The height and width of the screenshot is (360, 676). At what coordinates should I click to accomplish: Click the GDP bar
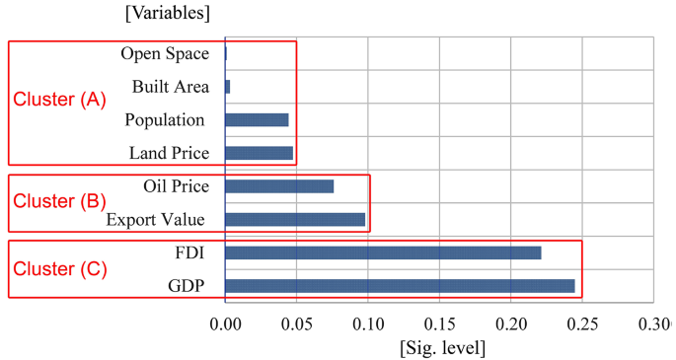[x=400, y=286]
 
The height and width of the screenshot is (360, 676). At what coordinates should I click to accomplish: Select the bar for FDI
[x=383, y=252]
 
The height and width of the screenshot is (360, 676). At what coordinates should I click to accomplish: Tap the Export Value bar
[x=295, y=219]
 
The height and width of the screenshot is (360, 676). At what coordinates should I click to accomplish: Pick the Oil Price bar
[x=279, y=186]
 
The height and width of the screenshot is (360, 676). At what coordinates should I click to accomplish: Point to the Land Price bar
[x=259, y=153]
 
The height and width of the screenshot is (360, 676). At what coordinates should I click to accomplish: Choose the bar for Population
[x=257, y=119]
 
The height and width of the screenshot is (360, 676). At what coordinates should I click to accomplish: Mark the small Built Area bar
[x=228, y=87]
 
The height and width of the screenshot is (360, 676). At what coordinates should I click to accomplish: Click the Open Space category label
[x=165, y=53]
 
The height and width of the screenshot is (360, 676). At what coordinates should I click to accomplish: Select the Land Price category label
[x=169, y=153]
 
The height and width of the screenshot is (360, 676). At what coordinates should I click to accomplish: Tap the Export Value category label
[x=157, y=219]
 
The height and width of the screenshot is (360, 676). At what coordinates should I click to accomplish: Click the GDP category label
[x=188, y=286]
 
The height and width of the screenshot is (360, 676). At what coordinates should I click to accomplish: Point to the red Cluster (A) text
[x=58, y=100]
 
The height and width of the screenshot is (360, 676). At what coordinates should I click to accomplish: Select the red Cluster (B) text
[x=58, y=201]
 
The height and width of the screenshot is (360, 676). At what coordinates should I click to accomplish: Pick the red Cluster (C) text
[x=58, y=268]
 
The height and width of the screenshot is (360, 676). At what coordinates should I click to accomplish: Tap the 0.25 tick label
[x=581, y=324]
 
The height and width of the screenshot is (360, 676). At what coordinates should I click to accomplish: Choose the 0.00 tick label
[x=225, y=324]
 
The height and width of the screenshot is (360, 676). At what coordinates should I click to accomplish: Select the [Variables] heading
[x=167, y=13]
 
